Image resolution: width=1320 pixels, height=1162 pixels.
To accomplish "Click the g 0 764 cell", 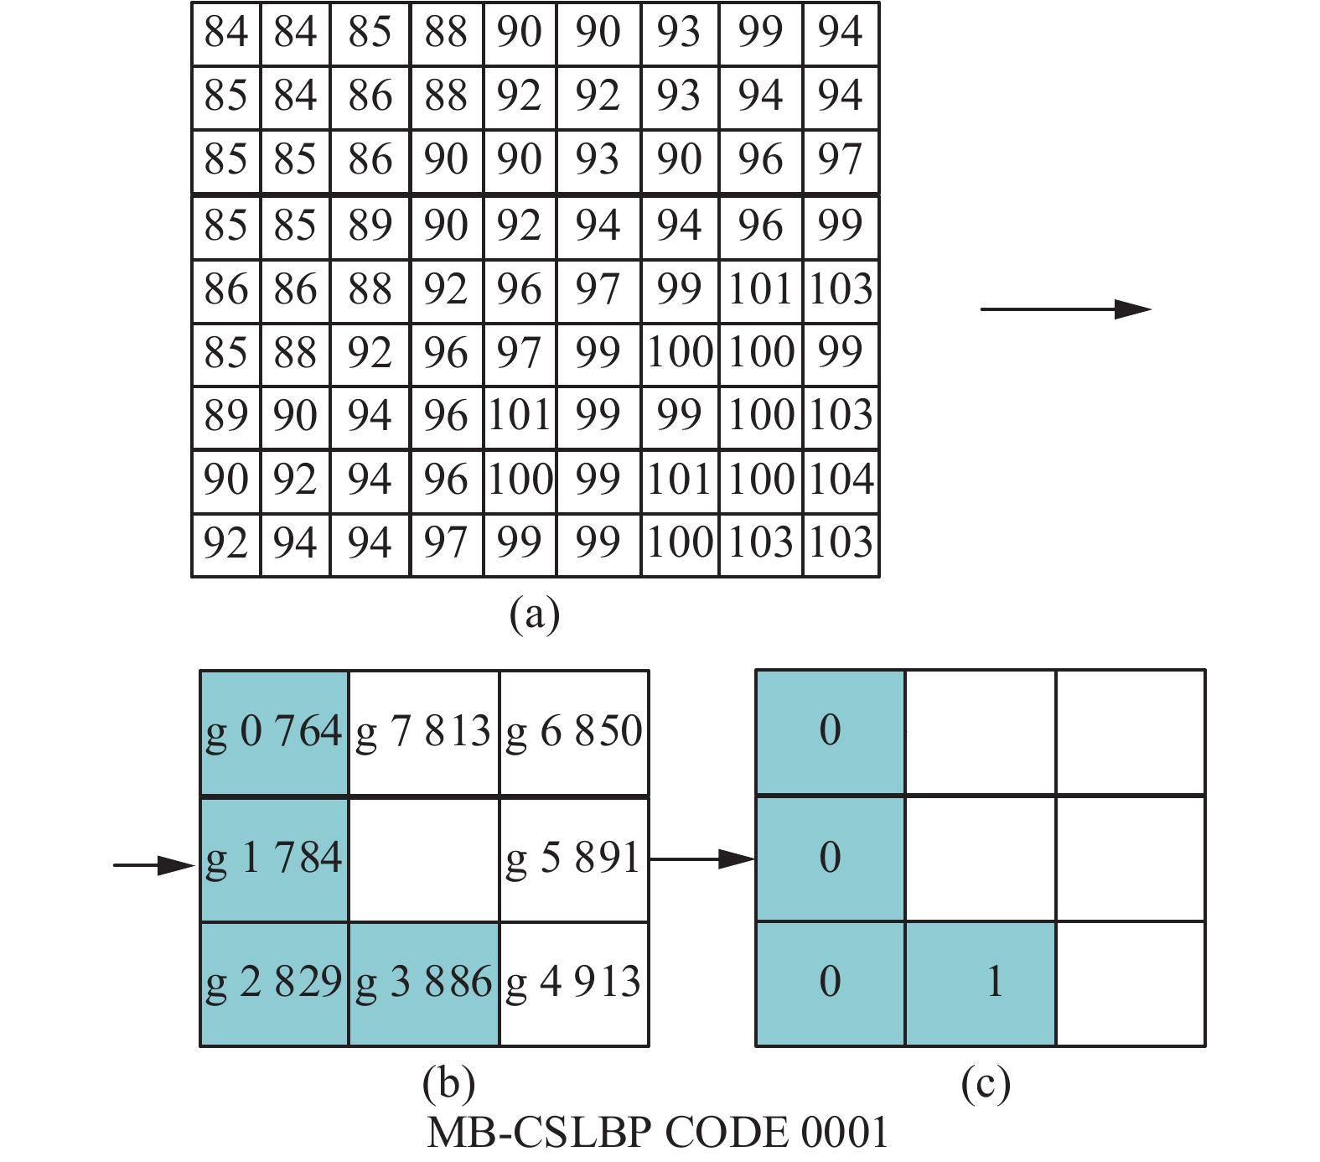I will point(274,732).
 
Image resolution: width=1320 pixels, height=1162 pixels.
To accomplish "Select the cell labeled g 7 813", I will point(423,732).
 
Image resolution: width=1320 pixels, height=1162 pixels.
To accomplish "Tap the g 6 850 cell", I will point(574,732).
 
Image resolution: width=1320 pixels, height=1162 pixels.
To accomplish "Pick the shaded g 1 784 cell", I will point(274,859).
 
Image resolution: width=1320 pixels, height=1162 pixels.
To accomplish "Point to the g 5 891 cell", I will point(574,859).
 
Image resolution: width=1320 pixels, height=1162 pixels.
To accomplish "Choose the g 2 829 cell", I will point(274,983).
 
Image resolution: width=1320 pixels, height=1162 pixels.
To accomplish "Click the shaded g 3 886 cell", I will point(423,983).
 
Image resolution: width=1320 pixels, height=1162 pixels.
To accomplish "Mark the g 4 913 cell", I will point(574,983).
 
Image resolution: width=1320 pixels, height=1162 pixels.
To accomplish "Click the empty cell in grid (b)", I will point(423,859).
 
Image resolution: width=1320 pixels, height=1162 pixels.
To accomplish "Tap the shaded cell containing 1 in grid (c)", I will point(981,983).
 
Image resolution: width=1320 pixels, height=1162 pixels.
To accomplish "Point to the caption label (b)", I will point(449,1083).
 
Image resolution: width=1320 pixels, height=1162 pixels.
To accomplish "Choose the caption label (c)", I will point(986,1083).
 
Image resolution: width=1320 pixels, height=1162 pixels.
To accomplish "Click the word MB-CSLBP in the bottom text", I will point(539,1133).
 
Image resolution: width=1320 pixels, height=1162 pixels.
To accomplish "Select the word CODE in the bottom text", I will point(727,1133).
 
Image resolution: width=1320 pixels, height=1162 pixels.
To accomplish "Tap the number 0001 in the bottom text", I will point(844,1133).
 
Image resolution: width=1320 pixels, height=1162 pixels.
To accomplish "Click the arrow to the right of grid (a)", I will point(1065,309).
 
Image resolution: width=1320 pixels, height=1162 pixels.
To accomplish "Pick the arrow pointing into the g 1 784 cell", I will point(153,865).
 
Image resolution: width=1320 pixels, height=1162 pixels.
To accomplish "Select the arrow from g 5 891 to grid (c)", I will point(702,859).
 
